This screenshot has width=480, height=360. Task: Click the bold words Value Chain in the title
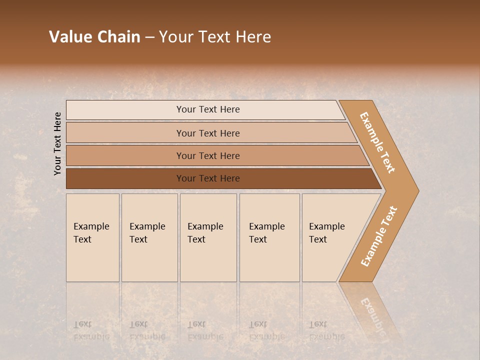(94, 37)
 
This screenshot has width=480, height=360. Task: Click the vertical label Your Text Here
(57, 143)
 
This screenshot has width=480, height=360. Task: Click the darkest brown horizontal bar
(125, 178)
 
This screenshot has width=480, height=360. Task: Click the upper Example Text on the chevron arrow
(377, 142)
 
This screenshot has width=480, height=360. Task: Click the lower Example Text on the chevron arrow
(378, 236)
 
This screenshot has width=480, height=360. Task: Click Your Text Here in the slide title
(215, 37)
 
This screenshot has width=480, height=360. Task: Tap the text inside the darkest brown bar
(208, 178)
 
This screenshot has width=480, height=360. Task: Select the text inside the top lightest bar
(208, 109)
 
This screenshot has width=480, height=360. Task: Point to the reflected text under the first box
(91, 330)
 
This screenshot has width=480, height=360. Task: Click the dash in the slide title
(149, 37)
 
